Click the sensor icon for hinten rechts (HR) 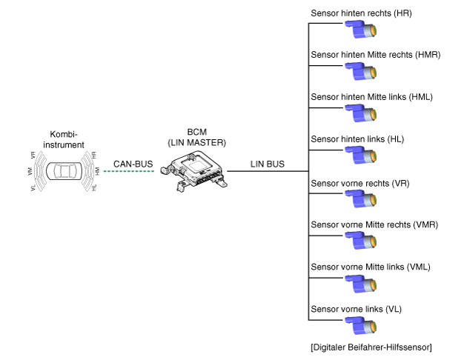point(361,30)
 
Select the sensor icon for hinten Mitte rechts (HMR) point(361,71)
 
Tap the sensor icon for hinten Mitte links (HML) point(361,113)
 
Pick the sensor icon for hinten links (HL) point(361,155)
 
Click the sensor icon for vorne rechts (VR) point(361,199)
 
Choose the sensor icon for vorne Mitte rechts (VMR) point(361,241)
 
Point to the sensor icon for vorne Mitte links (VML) point(361,284)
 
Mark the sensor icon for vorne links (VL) point(361,326)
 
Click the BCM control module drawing point(194,171)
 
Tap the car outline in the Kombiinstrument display point(64,171)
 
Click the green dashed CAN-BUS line point(129,171)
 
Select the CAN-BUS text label point(133,164)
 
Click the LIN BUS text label point(268,164)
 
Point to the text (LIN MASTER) point(196,143)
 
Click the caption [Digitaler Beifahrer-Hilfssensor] point(371,347)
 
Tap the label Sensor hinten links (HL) point(357,139)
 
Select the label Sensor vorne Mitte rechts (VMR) point(374,225)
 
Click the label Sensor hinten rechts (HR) point(362,13)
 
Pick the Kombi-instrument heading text point(64,139)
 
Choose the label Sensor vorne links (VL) point(356,309)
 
